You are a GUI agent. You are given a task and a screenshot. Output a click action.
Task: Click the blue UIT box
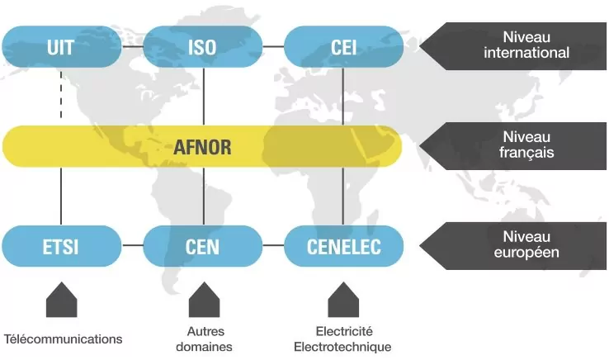(x=61, y=47)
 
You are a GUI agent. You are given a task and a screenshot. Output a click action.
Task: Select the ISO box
(x=203, y=47)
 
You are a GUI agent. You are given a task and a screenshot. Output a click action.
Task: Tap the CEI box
(x=344, y=47)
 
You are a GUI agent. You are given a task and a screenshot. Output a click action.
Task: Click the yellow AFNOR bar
(x=202, y=147)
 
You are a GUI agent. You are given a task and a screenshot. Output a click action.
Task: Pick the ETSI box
(x=61, y=246)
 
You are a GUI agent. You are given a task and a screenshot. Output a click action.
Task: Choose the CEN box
(x=203, y=246)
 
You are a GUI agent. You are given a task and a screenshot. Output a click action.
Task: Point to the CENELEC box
(x=344, y=246)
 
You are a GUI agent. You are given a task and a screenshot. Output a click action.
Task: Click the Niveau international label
(x=513, y=46)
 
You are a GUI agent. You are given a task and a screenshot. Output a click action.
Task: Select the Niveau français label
(x=513, y=146)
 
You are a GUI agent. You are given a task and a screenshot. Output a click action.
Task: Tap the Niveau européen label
(x=513, y=246)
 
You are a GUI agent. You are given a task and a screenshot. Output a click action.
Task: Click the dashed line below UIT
(x=61, y=94)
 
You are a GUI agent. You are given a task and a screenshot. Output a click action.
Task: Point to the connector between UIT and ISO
(x=132, y=47)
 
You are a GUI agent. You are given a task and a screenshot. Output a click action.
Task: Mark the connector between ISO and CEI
(x=273, y=47)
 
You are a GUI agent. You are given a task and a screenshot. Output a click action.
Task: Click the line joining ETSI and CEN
(x=132, y=245)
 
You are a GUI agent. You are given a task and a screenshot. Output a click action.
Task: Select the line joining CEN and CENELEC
(x=273, y=245)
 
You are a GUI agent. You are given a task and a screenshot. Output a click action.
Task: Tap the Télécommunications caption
(x=64, y=339)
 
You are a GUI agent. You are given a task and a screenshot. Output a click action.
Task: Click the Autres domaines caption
(x=205, y=339)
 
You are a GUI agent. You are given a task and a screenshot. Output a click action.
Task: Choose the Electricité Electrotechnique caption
(x=342, y=339)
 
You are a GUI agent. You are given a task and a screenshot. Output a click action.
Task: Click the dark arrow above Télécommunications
(x=61, y=300)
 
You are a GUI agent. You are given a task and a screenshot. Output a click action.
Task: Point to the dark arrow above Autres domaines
(x=205, y=300)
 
